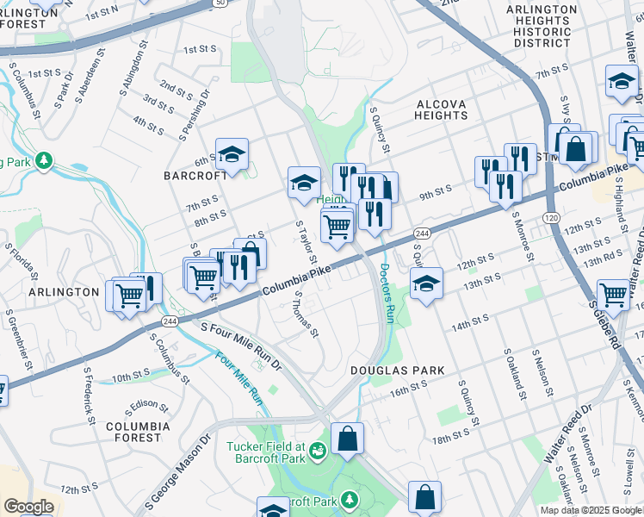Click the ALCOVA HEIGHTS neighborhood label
441,109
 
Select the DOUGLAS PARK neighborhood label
397,371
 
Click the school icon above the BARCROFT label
232,155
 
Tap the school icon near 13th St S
426,283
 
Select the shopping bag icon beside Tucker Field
347,439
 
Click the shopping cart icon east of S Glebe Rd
613,296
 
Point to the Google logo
28,507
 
